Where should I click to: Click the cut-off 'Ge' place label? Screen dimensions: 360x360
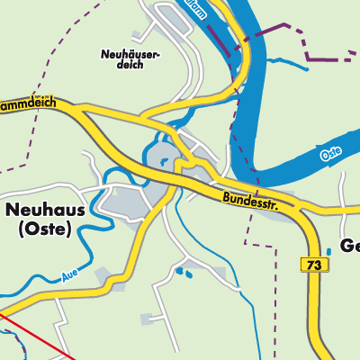pyautogui.click(x=349, y=246)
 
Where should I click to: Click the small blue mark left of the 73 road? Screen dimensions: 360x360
pyautogui.click(x=328, y=252)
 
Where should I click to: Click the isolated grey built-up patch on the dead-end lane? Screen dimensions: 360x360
pyautogui.click(x=148, y=318)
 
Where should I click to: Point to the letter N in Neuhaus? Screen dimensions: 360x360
pyautogui.click(x=13, y=209)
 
